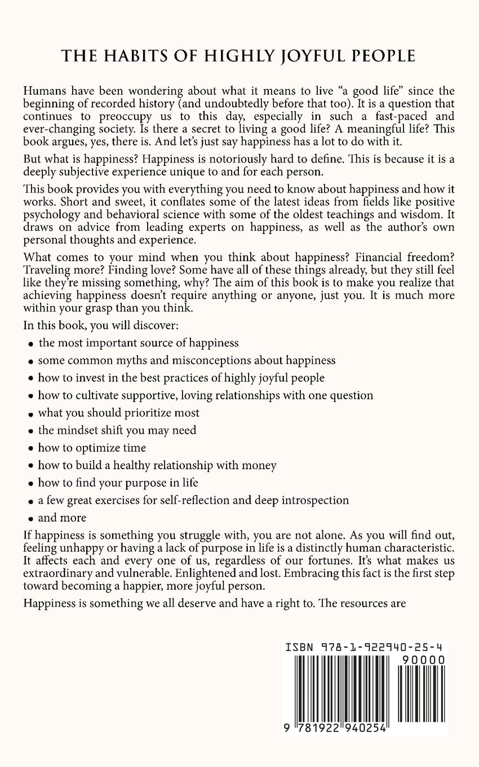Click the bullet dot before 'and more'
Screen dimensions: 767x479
pyautogui.click(x=29, y=519)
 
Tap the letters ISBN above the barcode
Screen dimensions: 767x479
pyautogui.click(x=299, y=647)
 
